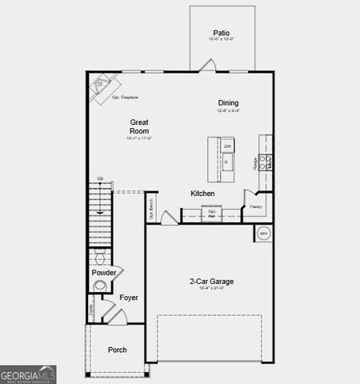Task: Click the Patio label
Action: (221, 33)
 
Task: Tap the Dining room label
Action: (228, 102)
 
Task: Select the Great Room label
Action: (139, 126)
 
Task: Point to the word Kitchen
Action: (202, 194)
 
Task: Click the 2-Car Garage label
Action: (211, 282)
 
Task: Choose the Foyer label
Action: (129, 298)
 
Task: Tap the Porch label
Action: (118, 350)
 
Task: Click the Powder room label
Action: (104, 273)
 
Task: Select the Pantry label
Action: (255, 206)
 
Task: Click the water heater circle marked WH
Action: (264, 234)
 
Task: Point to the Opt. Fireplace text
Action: (125, 98)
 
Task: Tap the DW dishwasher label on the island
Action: (227, 146)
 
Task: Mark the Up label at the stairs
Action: (100, 178)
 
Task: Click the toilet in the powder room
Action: (100, 257)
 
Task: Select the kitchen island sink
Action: (227, 164)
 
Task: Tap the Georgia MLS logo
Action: (28, 374)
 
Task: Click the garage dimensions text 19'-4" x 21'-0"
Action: (211, 289)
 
